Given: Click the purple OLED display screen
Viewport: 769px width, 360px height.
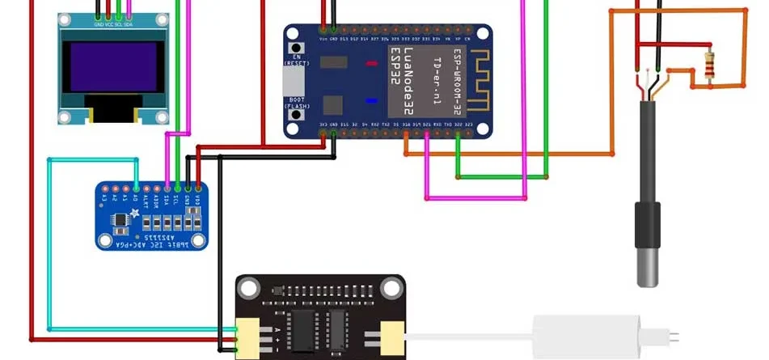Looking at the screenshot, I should (x=112, y=67).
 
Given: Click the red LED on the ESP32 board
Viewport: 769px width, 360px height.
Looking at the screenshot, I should (x=372, y=63).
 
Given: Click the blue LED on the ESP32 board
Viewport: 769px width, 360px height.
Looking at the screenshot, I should (x=372, y=101).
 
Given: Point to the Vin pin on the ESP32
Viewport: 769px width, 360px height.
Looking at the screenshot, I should (x=323, y=39).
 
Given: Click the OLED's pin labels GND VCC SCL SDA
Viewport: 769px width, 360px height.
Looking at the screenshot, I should (x=112, y=24).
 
